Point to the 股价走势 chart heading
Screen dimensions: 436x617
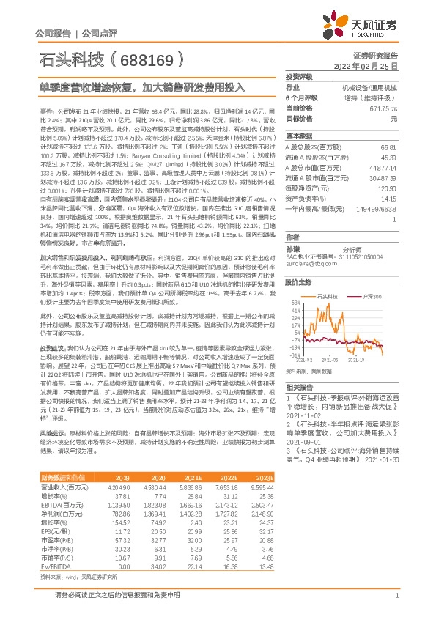pos(298,281)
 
